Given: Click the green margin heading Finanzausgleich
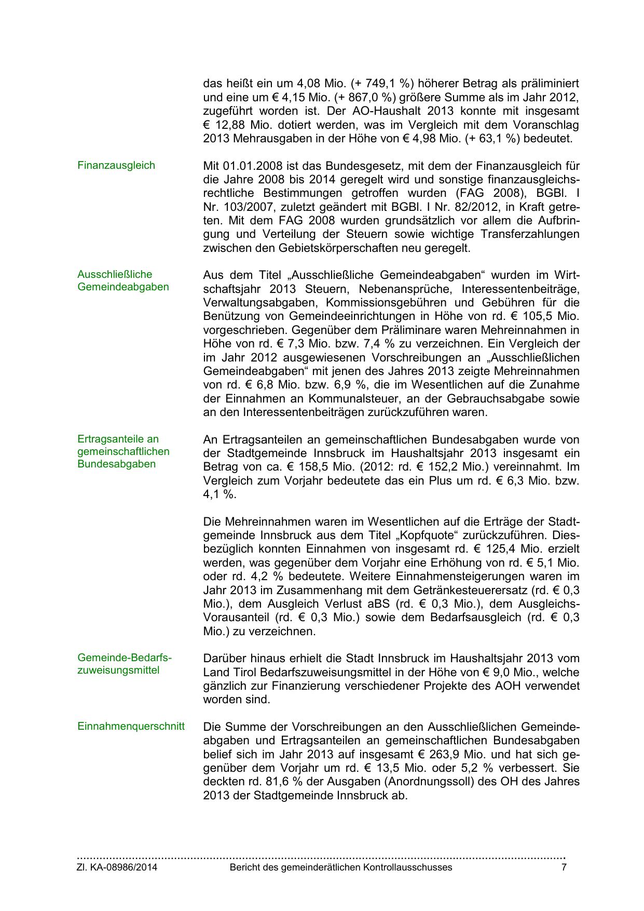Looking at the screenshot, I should point(116,166).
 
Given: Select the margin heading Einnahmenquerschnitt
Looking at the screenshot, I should point(131,726).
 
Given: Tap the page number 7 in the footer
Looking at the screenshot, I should point(564,867).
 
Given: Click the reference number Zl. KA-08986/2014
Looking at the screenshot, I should point(117,867).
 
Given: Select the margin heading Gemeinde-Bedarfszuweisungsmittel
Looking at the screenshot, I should point(124,664).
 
